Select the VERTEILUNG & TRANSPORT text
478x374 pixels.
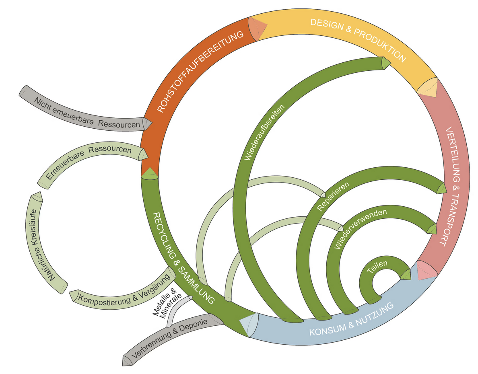coord(452,187)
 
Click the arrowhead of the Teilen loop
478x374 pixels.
coord(405,274)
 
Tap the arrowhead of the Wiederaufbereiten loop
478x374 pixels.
coord(385,63)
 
